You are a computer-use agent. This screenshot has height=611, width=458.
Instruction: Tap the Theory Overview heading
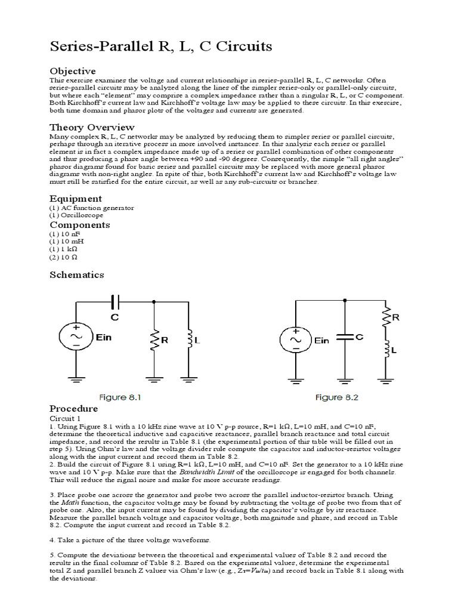[91, 127]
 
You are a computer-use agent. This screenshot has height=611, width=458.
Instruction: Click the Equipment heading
[75, 198]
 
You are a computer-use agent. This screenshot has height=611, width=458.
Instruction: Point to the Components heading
[79, 225]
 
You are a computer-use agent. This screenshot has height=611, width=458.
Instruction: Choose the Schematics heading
[76, 274]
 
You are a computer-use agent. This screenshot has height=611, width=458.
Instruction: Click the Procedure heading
[73, 409]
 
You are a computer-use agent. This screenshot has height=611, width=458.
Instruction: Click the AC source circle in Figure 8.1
[76, 335]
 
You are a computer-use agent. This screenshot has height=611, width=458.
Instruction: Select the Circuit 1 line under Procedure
[63, 418]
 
